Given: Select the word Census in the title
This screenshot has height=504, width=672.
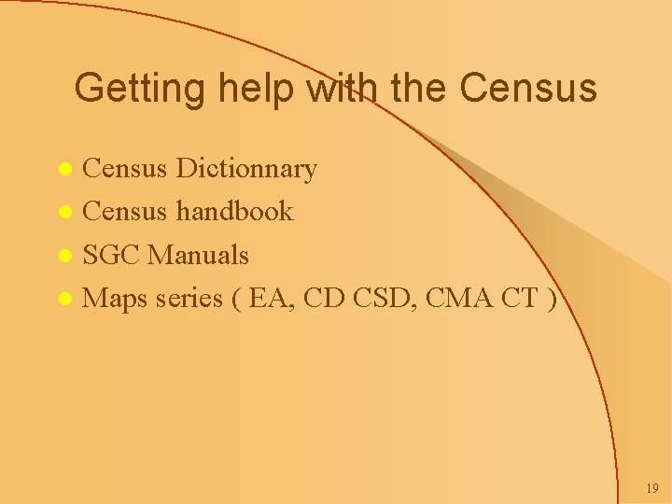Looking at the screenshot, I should click(x=528, y=88).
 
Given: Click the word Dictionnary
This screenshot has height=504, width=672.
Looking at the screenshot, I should click(x=246, y=169).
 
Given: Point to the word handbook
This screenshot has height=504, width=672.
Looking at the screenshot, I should click(x=233, y=212).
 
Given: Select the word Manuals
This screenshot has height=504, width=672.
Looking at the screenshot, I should click(x=198, y=255).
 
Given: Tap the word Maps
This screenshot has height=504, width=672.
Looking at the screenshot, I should click(x=115, y=299).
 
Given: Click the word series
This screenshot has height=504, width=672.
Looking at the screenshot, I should click(x=189, y=299).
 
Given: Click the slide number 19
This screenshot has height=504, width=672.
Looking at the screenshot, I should click(x=651, y=489).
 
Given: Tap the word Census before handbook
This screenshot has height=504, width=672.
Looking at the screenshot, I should click(x=124, y=212).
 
